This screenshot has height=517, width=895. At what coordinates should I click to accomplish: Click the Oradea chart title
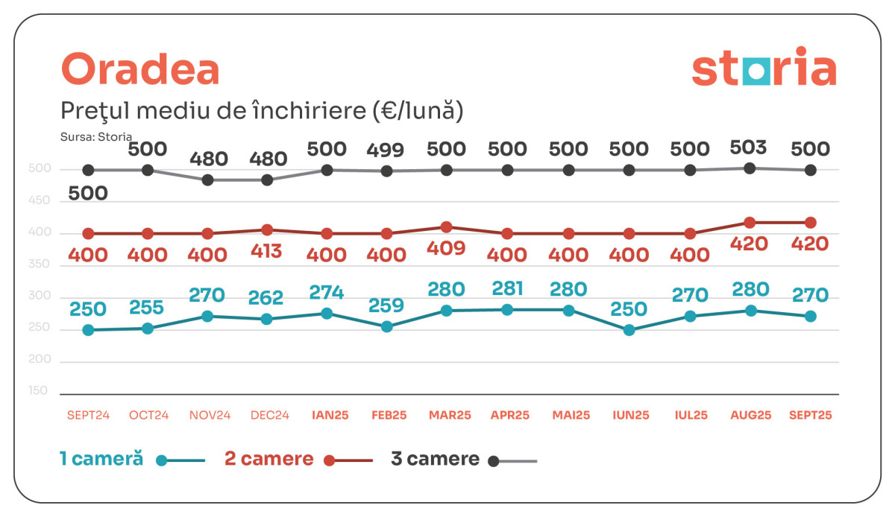tap(140, 70)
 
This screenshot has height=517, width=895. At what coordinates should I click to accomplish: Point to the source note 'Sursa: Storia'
tap(96, 136)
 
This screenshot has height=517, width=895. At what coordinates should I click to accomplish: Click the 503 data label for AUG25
tap(750, 147)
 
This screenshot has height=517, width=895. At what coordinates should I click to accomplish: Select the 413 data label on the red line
tap(266, 250)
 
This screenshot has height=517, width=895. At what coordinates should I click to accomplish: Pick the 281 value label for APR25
tap(507, 288)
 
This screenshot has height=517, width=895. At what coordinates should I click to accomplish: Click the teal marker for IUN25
tap(629, 330)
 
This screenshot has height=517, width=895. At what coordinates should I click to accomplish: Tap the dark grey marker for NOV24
tap(208, 180)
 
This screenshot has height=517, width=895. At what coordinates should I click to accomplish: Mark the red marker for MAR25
tap(446, 227)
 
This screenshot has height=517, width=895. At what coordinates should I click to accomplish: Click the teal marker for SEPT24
tap(88, 330)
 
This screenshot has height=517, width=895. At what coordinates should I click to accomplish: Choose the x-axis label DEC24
tap(270, 416)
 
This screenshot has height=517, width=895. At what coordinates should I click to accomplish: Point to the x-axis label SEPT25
tap(811, 416)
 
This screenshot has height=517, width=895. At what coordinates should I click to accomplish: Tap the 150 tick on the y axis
tap(39, 390)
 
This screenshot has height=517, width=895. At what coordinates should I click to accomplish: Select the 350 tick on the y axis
tap(39, 264)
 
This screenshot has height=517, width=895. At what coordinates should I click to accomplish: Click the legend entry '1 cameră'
tap(101, 459)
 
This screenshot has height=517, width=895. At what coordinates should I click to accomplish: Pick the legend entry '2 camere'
tap(269, 459)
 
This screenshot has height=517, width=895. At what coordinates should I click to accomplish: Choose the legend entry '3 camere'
tap(435, 459)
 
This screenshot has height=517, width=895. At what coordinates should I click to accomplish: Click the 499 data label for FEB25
tap(386, 150)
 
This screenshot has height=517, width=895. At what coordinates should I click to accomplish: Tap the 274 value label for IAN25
tap(327, 293)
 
